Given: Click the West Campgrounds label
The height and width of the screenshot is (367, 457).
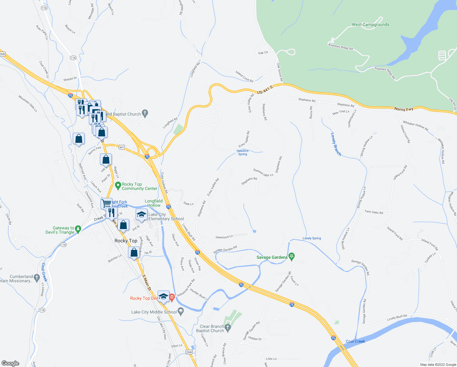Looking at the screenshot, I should click(371, 25).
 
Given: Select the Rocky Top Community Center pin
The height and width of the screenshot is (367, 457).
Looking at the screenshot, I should click(118, 185).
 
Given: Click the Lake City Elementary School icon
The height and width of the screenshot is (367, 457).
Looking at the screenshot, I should click(141, 215).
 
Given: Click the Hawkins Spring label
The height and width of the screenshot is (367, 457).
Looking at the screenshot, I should click(243, 153).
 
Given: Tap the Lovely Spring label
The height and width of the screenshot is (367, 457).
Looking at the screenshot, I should click(312, 238).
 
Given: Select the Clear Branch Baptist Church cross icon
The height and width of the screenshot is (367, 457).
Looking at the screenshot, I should click(228, 328).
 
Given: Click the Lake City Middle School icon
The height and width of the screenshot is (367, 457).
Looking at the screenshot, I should click(181, 312).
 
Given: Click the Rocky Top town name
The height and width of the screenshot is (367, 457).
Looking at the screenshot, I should click(126, 241).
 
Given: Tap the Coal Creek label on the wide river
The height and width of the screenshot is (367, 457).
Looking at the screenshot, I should click(355, 341).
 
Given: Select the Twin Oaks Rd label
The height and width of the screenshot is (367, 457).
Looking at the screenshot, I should click(374, 212).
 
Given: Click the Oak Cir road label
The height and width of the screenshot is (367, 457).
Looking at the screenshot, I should click(263, 53).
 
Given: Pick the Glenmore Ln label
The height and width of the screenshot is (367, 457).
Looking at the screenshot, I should click(224, 237).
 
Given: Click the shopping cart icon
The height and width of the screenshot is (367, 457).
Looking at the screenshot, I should click(106, 203).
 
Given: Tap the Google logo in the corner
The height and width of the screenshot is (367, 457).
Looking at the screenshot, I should click(10, 363).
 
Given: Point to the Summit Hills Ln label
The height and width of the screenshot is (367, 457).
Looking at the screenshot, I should click(263, 172).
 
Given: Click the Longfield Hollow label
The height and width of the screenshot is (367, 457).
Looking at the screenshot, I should click(154, 203).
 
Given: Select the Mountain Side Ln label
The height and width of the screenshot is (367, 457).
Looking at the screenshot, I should click(27, 103).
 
